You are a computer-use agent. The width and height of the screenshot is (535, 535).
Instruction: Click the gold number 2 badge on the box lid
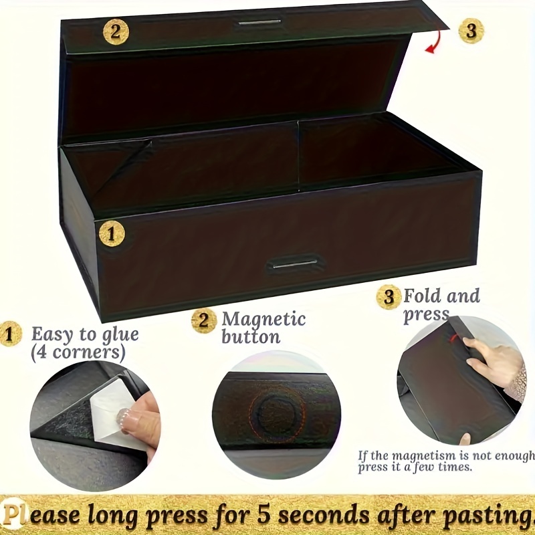[x=116, y=32]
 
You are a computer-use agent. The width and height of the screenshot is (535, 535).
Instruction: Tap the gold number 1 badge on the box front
[x=112, y=234]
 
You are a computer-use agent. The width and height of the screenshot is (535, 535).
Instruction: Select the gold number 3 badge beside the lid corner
[x=471, y=31]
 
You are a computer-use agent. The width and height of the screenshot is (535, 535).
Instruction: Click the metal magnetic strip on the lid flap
[x=259, y=23]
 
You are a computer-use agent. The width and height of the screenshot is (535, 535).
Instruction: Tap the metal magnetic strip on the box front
[x=295, y=264]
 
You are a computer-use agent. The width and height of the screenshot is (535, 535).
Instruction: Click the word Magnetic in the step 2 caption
[x=263, y=320]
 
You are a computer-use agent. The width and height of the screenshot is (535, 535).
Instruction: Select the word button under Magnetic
[x=251, y=337]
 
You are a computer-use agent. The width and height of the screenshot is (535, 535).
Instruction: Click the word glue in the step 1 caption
[x=120, y=336]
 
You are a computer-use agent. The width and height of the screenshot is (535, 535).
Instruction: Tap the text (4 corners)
[x=78, y=352]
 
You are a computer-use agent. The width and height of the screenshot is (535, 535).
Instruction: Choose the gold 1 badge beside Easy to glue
[x=10, y=334]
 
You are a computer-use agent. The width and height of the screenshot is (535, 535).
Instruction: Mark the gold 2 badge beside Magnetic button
[x=204, y=321]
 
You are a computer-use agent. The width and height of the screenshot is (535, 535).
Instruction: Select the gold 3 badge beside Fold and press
[x=389, y=297]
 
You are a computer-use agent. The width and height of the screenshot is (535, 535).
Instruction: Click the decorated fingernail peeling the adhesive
[x=124, y=416]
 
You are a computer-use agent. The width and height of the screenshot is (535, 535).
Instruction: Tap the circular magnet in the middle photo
[x=276, y=414]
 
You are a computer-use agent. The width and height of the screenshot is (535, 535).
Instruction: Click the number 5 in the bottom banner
[x=263, y=514]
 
